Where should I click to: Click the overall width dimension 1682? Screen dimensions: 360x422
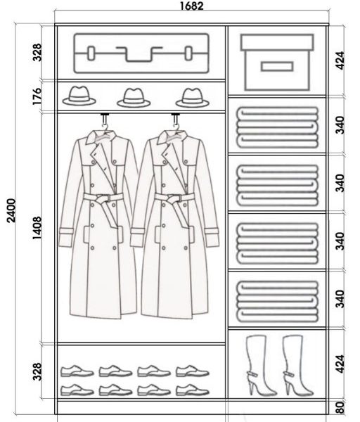coord(191,6)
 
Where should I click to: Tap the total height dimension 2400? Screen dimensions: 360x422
coord(11,210)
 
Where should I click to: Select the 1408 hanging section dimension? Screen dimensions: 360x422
coord(37,228)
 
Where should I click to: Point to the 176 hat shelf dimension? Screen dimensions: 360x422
coord(37,96)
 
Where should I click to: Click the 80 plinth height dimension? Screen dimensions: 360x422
coord(340,407)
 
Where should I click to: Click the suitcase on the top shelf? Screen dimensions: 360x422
coord(141,53)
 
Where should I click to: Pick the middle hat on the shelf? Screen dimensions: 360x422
coord(134,98)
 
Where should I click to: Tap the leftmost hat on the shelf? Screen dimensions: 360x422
coord(79,96)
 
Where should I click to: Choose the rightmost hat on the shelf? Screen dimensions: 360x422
coord(193,98)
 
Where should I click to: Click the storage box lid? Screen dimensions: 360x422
coord(277,42)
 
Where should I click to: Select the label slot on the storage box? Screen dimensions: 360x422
coord(277,67)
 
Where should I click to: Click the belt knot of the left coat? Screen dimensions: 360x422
coord(102,200)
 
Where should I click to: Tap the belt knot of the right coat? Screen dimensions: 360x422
coord(174,200)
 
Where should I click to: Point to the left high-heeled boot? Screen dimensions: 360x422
coord(259,366)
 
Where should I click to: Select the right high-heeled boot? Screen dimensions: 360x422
coord(296,366)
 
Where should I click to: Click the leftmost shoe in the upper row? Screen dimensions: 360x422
coord(77,371)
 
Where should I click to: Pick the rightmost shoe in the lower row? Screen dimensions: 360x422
coord(193,390)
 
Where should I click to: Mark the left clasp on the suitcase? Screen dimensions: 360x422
coord(91,53)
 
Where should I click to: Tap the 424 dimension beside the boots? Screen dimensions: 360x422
coord(340,364)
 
